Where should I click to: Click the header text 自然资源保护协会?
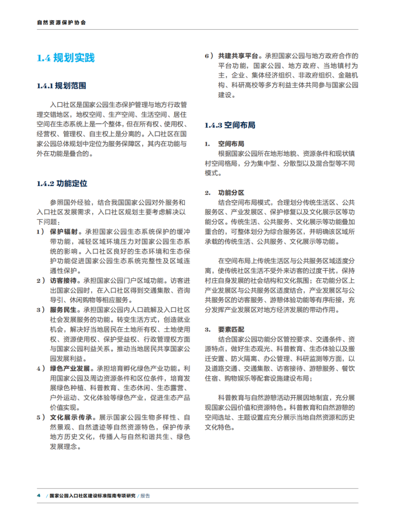coord(62,24)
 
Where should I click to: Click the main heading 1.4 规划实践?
coord(65,58)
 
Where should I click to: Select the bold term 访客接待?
coord(64,280)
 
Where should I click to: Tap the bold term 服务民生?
coord(64,309)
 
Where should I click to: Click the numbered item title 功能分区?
coord(229,192)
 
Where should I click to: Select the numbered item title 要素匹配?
coord(229,329)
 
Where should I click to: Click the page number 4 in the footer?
coord(38,496)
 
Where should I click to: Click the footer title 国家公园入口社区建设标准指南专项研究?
coord(92,496)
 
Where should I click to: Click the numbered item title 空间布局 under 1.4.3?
coord(229,143)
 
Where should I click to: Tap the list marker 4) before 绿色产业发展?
coord(40,368)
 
